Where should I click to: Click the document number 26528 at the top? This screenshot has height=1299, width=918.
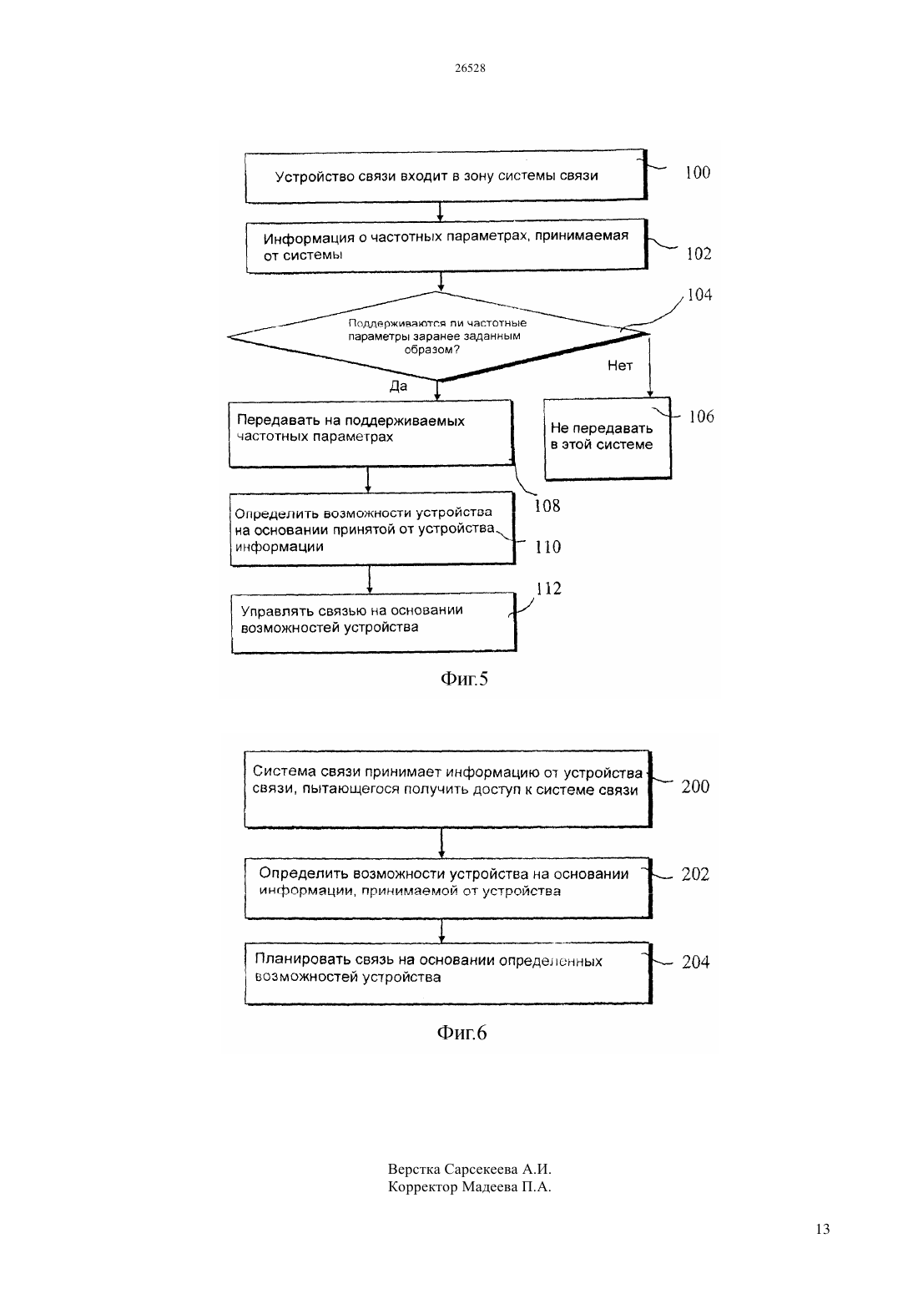469,68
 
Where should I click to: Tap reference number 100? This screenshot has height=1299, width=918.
697,172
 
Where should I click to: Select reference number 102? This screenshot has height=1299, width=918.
699,254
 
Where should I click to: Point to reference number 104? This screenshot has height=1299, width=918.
699,296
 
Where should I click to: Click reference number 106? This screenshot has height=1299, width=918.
701,417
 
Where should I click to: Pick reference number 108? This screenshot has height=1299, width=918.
547,506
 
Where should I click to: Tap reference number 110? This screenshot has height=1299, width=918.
547,547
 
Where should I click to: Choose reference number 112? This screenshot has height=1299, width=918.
548,589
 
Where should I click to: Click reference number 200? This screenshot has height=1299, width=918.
695,786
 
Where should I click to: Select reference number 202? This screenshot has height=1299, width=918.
695,874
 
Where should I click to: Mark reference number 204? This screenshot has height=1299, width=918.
695,962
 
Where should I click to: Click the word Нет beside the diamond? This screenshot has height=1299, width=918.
619,366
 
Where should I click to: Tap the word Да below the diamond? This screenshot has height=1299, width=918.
398,387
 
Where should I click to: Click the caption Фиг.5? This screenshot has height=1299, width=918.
464,678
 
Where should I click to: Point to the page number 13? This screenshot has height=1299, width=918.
822,1229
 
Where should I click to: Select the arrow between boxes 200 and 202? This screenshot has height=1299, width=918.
441,842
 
